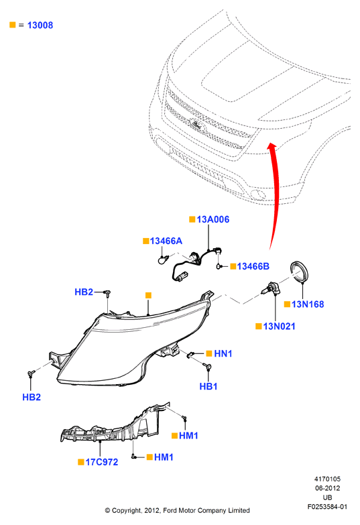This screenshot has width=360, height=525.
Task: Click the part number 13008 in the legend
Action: [x=40, y=25]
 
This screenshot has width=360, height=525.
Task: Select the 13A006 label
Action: [x=213, y=220]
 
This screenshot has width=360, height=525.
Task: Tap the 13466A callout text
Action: [x=166, y=241]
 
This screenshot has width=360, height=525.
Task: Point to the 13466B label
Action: [x=253, y=266]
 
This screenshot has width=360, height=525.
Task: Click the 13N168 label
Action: [x=308, y=304]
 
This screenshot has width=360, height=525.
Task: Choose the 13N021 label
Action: [x=280, y=327]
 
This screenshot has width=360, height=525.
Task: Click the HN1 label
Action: [x=223, y=353]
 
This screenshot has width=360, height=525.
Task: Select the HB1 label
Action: [x=208, y=386]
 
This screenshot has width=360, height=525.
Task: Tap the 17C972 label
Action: [x=102, y=463]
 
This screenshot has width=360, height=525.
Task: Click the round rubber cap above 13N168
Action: [x=298, y=272]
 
